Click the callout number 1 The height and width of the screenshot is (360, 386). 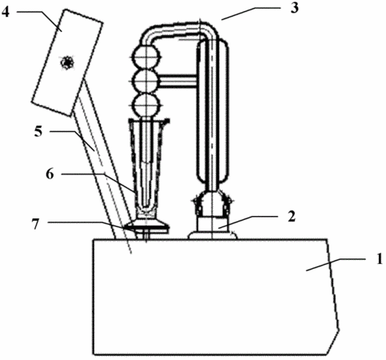click(380, 259)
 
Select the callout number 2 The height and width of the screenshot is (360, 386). click(292, 216)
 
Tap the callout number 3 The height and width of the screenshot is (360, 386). click(294, 8)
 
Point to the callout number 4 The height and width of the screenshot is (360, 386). click(6, 12)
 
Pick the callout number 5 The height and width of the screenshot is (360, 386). click(38, 131)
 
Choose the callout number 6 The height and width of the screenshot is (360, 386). click(50, 174)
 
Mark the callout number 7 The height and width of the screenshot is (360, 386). click(36, 224)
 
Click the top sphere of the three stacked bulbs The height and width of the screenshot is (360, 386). click(146, 58)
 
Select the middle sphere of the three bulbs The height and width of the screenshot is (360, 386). click(146, 82)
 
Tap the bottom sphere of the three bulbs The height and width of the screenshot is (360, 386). click(146, 105)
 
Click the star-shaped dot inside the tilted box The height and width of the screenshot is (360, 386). click(67, 62)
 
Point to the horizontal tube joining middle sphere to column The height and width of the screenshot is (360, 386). click(178, 82)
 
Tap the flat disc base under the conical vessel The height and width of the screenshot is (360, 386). click(147, 226)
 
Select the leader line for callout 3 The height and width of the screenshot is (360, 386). click(250, 13)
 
